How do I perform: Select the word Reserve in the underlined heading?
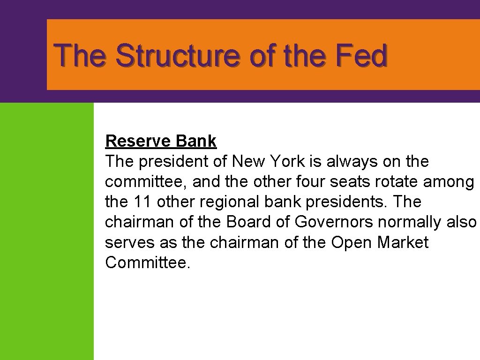coord(138,141)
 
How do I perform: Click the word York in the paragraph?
coord(286,161)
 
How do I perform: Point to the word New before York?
coord(249,161)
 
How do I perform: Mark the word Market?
coord(403,242)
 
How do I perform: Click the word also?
coord(460,222)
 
